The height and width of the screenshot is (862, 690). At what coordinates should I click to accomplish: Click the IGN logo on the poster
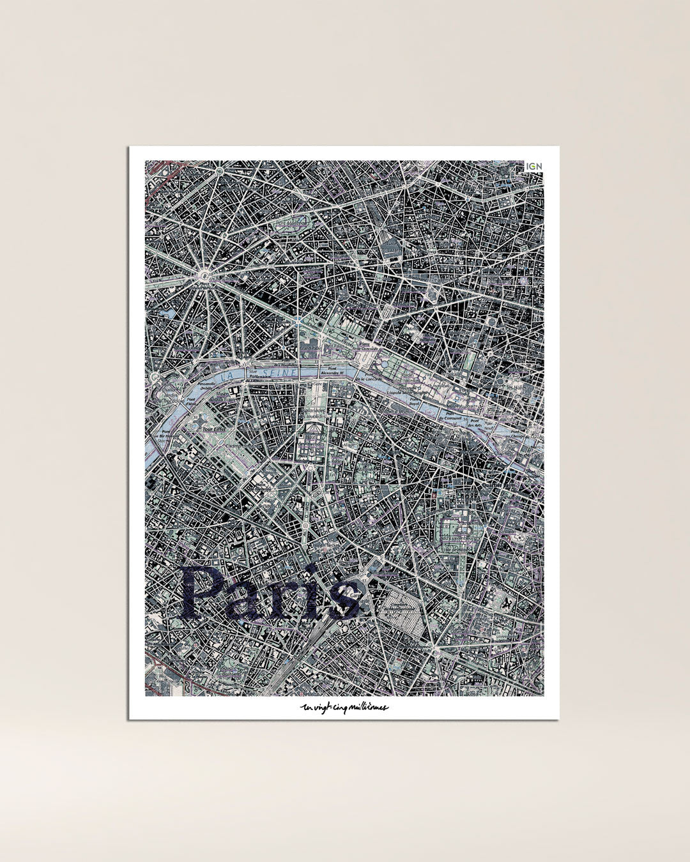point(533,167)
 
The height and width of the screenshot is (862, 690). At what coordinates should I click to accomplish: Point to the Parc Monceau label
point(288,223)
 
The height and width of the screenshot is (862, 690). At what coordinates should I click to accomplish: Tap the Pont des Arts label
point(473,424)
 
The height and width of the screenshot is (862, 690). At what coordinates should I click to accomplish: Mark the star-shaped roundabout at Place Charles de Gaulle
point(204,276)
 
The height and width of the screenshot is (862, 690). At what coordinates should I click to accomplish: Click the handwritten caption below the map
point(344,707)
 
